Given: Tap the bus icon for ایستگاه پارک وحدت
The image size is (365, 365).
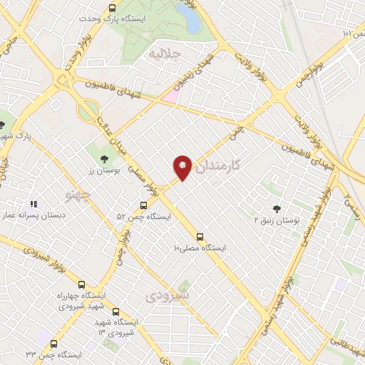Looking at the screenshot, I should [112, 9].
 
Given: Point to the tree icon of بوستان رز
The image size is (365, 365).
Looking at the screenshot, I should [105, 158].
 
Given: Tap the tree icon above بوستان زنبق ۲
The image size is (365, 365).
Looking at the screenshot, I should [277, 209].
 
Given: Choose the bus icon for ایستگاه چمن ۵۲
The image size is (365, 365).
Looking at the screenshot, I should [143, 205].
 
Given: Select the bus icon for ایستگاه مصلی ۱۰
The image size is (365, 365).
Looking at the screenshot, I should [200, 237].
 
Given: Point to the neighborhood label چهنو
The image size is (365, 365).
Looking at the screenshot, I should [78, 196].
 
